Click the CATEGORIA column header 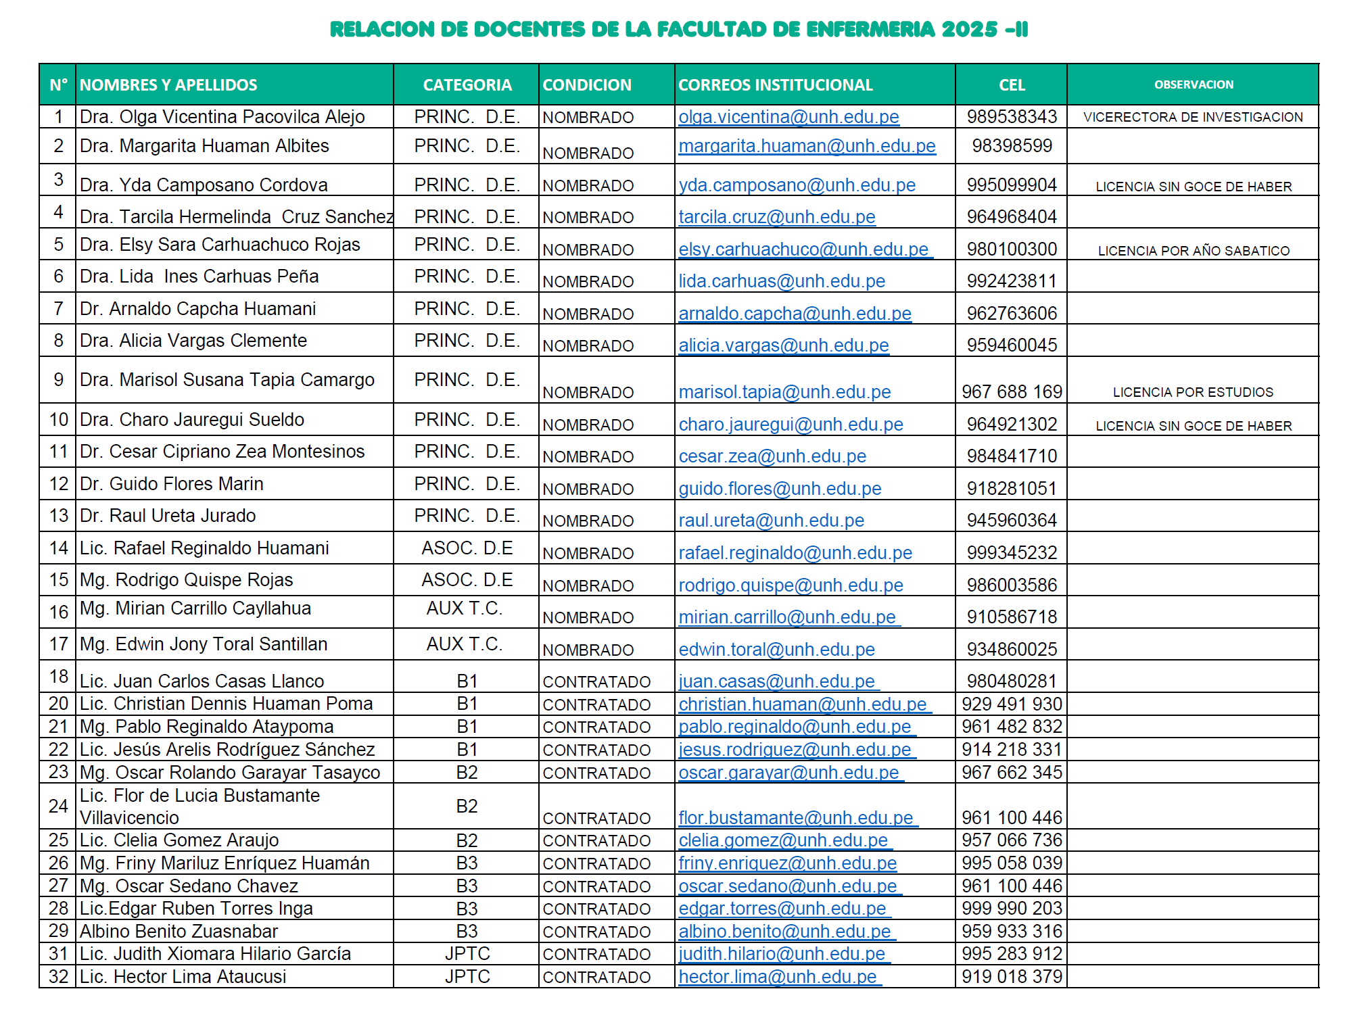point(467,85)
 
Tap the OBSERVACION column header point(1194,85)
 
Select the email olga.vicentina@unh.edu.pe point(788,118)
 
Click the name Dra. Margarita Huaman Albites point(204,146)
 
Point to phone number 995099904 point(1012,185)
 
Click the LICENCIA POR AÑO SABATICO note point(1194,251)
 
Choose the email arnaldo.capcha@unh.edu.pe point(795,314)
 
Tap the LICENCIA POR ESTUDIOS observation point(1193,392)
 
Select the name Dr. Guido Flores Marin point(172,484)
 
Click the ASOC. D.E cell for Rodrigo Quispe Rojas point(467,580)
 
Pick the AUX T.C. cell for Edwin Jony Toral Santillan point(465,644)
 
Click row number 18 point(59,677)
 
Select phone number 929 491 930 point(1012,704)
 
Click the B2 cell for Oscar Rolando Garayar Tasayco point(467,773)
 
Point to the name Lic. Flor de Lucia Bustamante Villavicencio point(200,807)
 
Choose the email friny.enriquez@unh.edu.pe point(787,863)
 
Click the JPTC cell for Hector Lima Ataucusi point(467,977)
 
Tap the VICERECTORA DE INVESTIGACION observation point(1193,117)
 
